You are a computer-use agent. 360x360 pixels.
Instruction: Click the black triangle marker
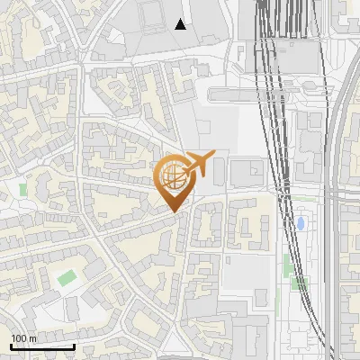pos(181,24)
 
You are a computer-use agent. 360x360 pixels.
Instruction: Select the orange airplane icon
pos(199,165)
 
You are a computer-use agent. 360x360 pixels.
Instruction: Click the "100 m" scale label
pos(23,338)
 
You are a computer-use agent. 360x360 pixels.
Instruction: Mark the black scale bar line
pos(41,346)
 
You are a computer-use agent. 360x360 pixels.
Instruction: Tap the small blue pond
pos(301,222)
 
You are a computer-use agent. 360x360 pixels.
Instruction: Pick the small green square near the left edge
pos(23,190)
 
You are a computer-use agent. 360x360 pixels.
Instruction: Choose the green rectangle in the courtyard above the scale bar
pos(65,277)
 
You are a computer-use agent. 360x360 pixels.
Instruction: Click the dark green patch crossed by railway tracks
pos(300,283)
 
